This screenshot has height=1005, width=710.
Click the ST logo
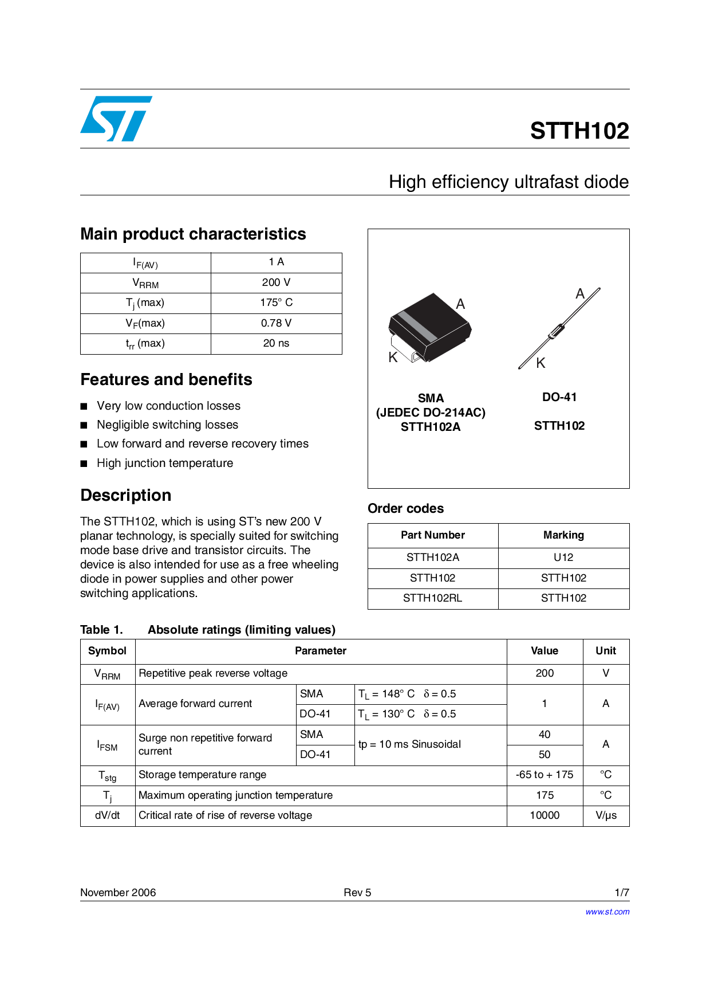[116, 119]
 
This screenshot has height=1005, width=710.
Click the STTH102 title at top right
[579, 131]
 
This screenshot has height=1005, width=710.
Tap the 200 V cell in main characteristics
[276, 282]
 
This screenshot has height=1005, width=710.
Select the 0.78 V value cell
[276, 323]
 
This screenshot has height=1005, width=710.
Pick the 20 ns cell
[276, 343]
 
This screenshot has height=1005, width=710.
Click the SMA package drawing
[430, 328]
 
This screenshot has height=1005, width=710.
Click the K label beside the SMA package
[393, 358]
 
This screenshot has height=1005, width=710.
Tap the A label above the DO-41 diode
[580, 294]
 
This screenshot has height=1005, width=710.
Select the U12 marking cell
[563, 558]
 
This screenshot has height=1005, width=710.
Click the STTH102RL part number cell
[432, 598]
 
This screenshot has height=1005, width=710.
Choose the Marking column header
[563, 535]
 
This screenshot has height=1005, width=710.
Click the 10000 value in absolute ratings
[545, 815]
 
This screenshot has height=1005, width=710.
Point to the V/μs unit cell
[606, 815]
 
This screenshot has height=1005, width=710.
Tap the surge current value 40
[545, 735]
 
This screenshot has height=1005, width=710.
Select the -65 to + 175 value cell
[545, 775]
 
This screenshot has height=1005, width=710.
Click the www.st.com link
[607, 912]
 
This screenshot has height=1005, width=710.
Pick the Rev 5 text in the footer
[357, 893]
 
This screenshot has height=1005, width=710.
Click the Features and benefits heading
[166, 379]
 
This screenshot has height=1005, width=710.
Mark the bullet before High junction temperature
[84, 464]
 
